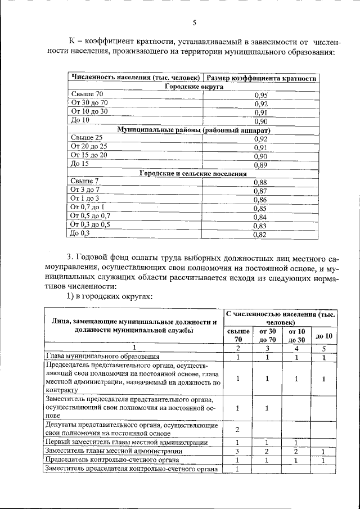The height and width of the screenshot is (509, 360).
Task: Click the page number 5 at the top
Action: [x=194, y=23]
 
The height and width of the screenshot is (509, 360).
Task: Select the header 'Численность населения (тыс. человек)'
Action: [x=135, y=78]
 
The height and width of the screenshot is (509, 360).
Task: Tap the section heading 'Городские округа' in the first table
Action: [x=193, y=87]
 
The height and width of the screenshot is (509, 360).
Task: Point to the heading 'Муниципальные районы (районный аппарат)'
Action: [x=193, y=130]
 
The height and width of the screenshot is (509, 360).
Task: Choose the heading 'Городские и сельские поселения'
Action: [x=193, y=173]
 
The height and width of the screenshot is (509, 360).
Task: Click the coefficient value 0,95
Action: [x=260, y=95]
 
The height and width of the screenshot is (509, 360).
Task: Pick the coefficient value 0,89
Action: [x=260, y=165]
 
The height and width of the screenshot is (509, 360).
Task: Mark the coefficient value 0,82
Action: [x=259, y=235]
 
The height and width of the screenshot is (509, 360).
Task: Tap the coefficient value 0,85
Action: [x=259, y=208]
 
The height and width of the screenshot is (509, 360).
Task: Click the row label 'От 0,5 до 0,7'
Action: [x=90, y=217]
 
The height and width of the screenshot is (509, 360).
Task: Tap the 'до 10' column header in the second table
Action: [x=324, y=336]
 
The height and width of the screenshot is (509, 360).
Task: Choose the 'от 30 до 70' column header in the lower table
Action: [x=267, y=336]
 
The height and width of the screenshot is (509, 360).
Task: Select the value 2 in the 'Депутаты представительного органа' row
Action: [x=237, y=430]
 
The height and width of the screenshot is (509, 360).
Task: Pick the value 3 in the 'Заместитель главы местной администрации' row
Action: [x=237, y=452]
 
